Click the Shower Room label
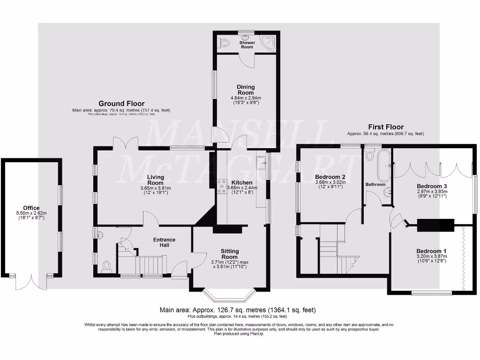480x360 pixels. [247, 45]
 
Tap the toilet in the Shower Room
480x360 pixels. [224, 44]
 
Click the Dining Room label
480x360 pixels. [246, 90]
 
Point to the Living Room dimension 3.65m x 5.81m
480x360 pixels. [155, 188]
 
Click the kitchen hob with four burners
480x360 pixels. [220, 187]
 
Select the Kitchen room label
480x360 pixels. [242, 182]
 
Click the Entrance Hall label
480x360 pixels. [164, 242]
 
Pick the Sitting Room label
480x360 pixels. [230, 254]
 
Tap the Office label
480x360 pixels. [31, 208]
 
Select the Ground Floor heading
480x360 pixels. [121, 104]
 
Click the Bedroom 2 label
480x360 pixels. [329, 177]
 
